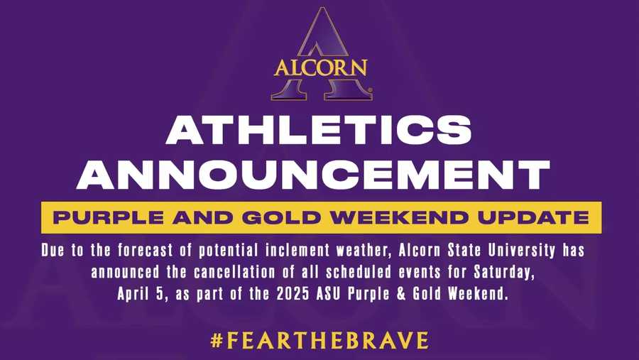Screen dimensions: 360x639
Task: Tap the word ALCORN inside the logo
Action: tap(320, 68)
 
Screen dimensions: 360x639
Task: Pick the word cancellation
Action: tap(275, 273)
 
